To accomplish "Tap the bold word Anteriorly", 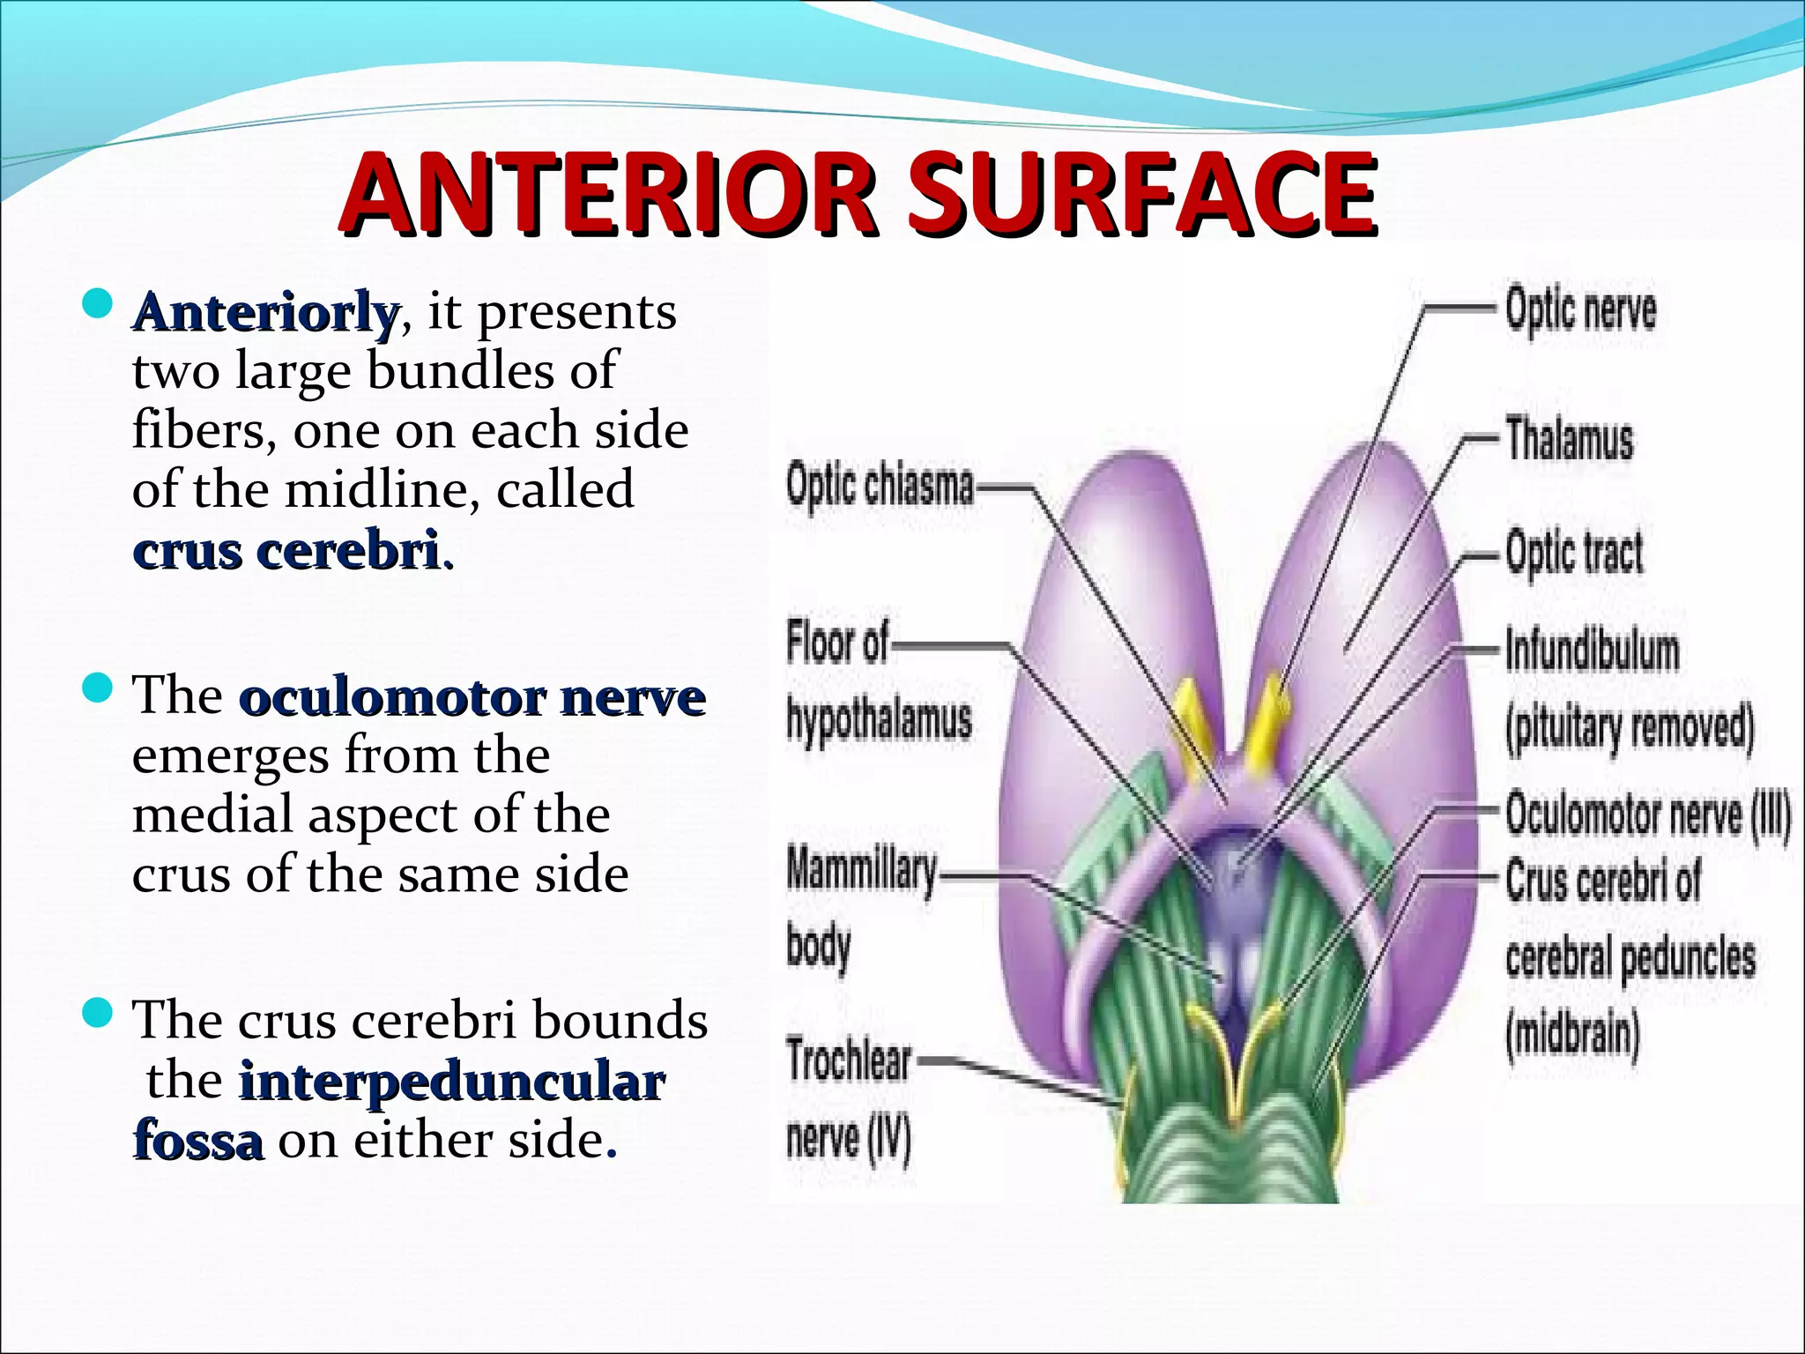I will [x=265, y=312].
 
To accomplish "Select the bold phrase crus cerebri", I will [x=287, y=550].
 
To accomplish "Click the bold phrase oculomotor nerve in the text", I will [x=472, y=697].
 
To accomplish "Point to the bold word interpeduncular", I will [x=452, y=1082].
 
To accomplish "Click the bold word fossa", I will [x=198, y=1141].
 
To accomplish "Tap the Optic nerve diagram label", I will [x=1580, y=310].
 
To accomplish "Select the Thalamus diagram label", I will [x=1569, y=438].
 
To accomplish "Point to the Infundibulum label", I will [x=1592, y=651].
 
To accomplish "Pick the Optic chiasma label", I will [x=880, y=486].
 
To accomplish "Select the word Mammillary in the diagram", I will [x=862, y=871].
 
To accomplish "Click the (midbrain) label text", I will [x=1572, y=1034].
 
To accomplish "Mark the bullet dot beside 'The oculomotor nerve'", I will [x=97, y=688].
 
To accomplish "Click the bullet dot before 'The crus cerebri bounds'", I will [x=97, y=1013].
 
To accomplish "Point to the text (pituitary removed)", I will [x=1630, y=728].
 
